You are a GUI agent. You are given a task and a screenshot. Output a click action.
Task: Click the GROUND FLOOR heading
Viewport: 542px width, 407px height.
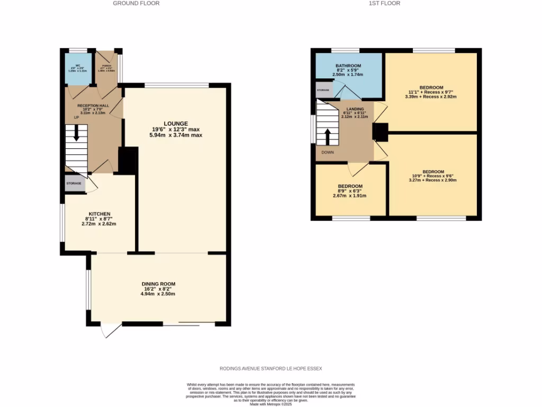coord(136,3)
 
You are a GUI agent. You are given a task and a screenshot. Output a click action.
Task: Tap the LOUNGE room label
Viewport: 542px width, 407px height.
coord(176,123)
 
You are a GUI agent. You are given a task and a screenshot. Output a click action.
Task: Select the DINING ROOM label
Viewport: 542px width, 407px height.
coord(158,284)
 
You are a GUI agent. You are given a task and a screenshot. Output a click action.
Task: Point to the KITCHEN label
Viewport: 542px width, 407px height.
coord(99,214)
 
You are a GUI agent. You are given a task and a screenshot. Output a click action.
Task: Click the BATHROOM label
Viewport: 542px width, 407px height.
coord(348,66)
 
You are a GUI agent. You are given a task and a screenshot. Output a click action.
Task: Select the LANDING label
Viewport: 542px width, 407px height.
coord(355,109)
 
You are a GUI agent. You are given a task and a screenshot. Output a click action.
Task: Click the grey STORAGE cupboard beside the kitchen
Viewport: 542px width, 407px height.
coord(74,183)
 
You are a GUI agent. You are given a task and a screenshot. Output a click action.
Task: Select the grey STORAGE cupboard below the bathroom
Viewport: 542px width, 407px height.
coord(322,91)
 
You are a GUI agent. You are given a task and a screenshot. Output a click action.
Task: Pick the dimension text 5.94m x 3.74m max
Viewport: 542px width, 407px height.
coord(176,135)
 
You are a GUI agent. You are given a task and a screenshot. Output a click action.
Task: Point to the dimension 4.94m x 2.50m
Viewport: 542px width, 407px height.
coord(158,294)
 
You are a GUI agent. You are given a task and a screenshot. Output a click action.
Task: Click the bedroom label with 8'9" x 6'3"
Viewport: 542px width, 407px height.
coord(350,186)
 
